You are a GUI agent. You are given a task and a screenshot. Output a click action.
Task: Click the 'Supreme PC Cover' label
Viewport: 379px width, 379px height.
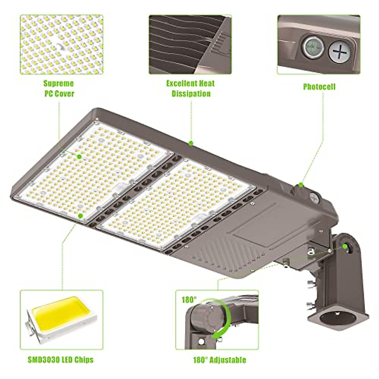59,88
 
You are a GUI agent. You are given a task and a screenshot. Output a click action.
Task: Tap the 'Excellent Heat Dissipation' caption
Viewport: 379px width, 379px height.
190,88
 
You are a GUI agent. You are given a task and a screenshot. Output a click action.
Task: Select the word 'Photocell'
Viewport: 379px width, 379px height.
319,87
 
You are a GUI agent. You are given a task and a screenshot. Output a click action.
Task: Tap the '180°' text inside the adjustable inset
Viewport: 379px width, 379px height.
189,299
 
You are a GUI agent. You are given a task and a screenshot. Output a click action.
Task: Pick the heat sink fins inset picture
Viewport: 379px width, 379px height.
190,44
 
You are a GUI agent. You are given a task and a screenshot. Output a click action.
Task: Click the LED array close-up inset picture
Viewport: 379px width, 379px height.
62,44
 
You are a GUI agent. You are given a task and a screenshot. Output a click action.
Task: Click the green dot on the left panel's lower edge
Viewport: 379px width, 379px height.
81,216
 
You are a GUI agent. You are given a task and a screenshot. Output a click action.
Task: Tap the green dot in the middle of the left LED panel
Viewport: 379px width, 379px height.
79,156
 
